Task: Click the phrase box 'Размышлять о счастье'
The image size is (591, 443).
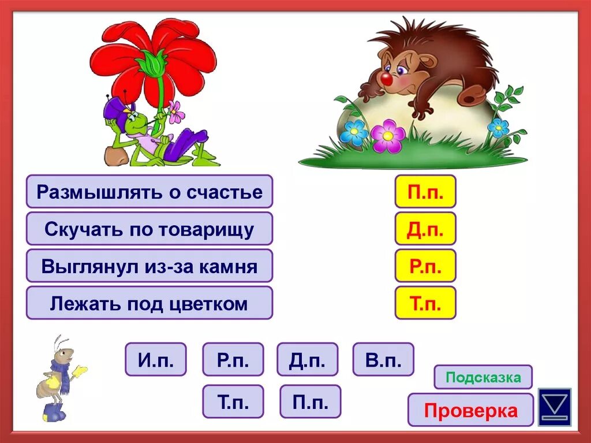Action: click(x=149, y=192)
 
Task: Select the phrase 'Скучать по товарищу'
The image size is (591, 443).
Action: click(x=149, y=229)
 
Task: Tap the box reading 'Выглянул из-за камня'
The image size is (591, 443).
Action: click(x=149, y=266)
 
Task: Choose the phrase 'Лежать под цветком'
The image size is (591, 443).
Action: click(x=149, y=303)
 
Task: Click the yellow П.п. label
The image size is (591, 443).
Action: click(x=425, y=192)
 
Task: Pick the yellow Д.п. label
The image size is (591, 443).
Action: click(x=425, y=229)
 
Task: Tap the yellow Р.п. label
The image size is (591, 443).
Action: click(x=425, y=266)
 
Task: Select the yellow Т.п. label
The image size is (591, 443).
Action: click(x=425, y=303)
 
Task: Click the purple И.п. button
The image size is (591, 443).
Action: click(x=156, y=359)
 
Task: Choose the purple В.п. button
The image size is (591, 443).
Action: click(x=383, y=359)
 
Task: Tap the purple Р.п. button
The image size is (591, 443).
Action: click(x=233, y=359)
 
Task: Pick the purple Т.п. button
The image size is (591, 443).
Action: click(x=233, y=401)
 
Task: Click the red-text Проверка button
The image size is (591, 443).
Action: click(x=470, y=410)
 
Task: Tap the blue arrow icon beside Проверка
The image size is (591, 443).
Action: click(x=555, y=407)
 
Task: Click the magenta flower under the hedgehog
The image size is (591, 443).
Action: click(x=388, y=136)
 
